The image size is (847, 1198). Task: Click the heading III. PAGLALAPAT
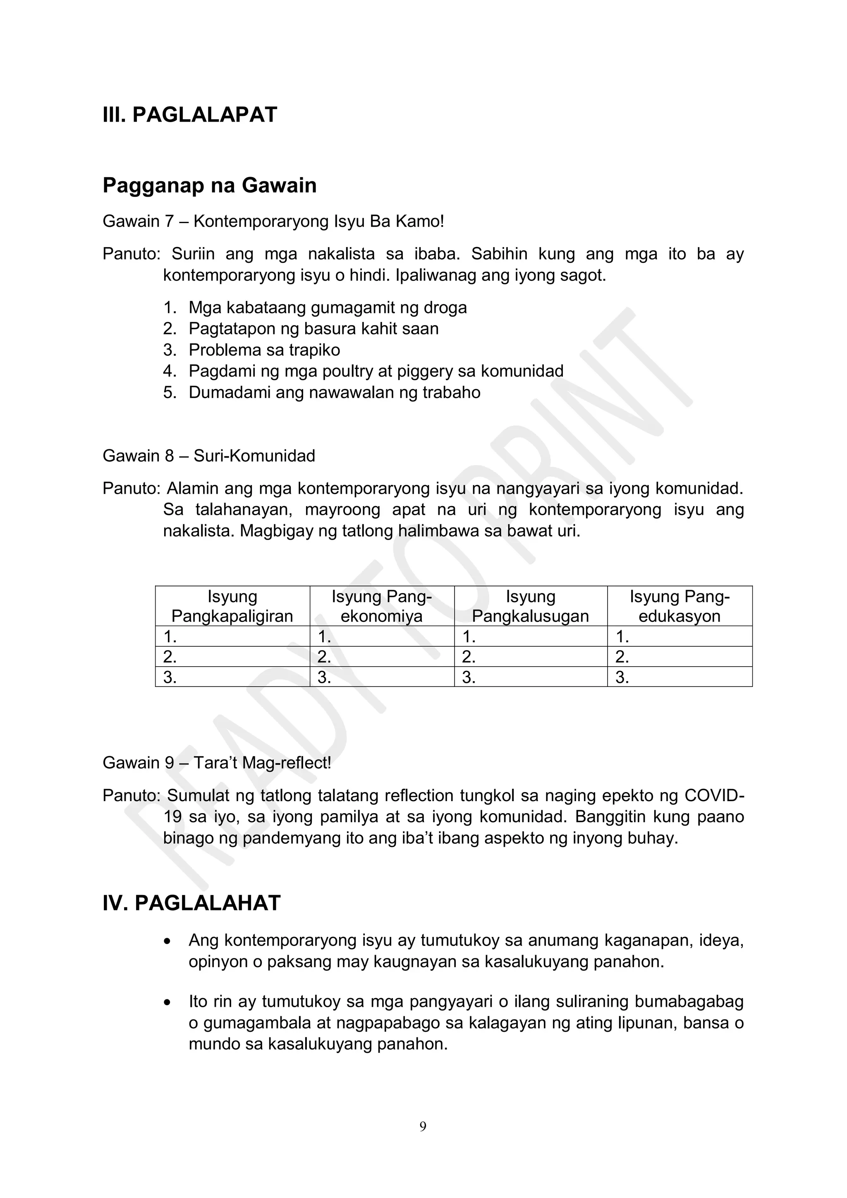[190, 115]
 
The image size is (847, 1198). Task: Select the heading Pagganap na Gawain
[209, 186]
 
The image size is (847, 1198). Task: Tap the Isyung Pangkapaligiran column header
[232, 606]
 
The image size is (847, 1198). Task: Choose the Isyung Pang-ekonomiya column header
[381, 606]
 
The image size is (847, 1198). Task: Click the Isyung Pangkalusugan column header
[531, 606]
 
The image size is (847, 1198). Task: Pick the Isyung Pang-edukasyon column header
[679, 606]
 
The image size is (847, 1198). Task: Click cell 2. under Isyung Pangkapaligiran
[232, 657]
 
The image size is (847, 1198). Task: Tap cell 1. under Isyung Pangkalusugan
[531, 636]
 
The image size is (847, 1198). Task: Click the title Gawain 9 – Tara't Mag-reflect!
[217, 763]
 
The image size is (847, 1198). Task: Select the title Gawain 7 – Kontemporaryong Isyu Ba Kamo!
[273, 222]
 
